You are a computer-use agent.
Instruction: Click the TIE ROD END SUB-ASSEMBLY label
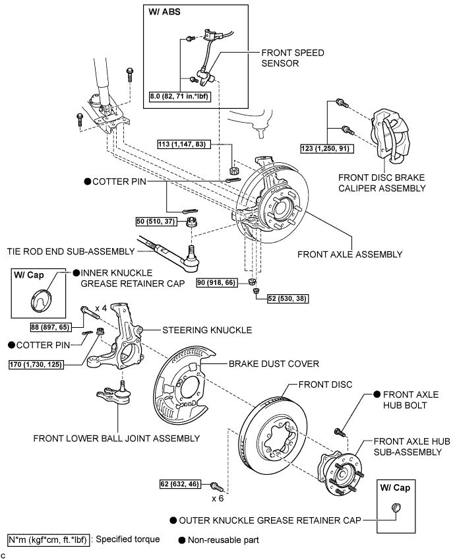(x=69, y=251)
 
